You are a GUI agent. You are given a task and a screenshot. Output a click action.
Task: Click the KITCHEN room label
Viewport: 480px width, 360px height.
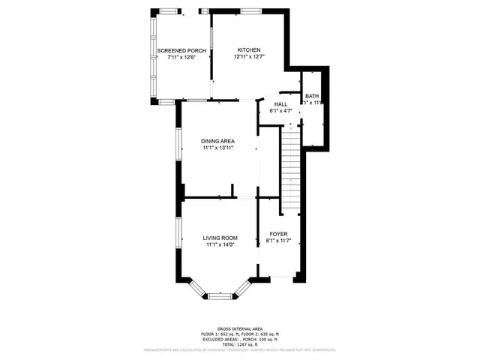pyautogui.click(x=247, y=49)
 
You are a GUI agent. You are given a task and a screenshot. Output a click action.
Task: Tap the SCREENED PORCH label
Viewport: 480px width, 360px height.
pyautogui.click(x=181, y=51)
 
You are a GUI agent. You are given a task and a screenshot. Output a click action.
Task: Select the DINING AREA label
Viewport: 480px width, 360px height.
pyautogui.click(x=218, y=141)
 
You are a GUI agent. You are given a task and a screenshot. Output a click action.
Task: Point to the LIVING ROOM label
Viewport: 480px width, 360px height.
pyautogui.click(x=220, y=238)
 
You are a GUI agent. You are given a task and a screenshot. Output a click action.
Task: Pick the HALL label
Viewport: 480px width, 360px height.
pyautogui.click(x=280, y=104)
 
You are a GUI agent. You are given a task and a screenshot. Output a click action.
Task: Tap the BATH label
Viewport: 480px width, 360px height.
pyautogui.click(x=311, y=96)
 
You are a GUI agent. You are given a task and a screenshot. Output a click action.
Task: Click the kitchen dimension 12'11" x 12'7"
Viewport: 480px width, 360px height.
pyautogui.click(x=247, y=58)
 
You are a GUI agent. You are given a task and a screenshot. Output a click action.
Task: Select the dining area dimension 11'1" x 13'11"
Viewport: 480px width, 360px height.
pyautogui.click(x=218, y=148)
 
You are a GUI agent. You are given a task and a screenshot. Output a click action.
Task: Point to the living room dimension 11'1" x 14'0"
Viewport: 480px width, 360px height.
pyautogui.click(x=220, y=245)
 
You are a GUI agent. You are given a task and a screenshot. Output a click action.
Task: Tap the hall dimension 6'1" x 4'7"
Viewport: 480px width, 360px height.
pyautogui.click(x=280, y=111)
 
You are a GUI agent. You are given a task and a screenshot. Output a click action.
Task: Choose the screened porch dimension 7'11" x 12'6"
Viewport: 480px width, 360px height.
pyautogui.click(x=181, y=58)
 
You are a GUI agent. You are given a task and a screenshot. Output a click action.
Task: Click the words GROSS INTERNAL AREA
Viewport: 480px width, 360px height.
pyautogui.click(x=239, y=328)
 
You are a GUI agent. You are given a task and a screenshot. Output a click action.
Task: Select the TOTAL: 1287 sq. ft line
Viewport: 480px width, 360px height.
pyautogui.click(x=239, y=343)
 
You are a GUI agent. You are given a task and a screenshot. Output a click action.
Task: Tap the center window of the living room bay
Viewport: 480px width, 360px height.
pyautogui.click(x=219, y=295)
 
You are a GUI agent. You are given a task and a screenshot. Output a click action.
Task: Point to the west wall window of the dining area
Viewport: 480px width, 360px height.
pyautogui.click(x=178, y=143)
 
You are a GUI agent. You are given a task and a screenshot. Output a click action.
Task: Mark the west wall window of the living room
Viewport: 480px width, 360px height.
pyautogui.click(x=178, y=239)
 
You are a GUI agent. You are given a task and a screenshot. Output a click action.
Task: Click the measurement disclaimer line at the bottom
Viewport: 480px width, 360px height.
pyautogui.click(x=239, y=349)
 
